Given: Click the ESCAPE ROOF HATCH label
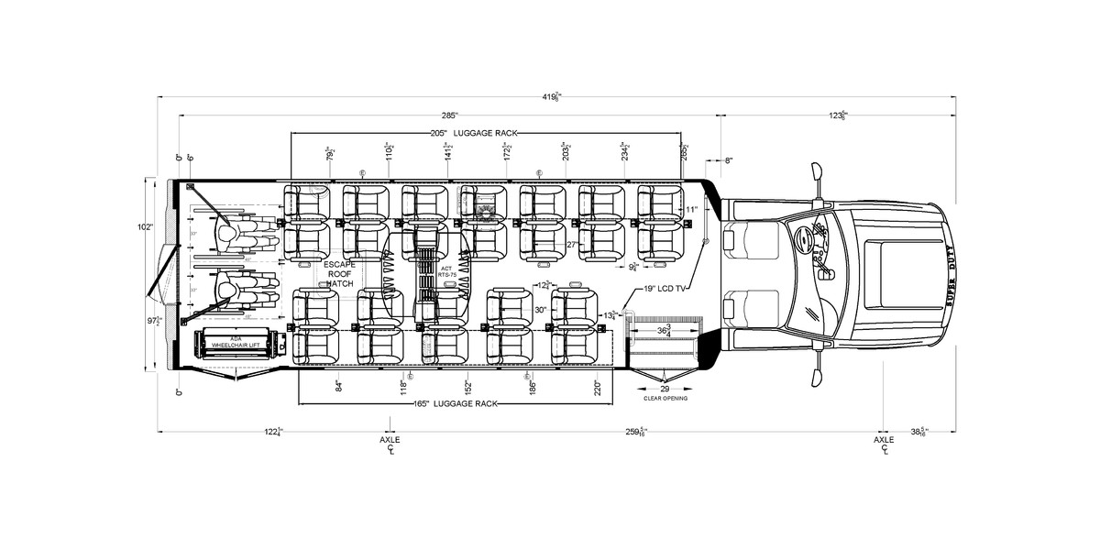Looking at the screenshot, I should [x=339, y=274].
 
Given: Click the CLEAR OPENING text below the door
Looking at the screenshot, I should [x=665, y=398].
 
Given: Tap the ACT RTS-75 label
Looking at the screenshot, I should [x=446, y=271].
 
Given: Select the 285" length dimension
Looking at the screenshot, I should [x=449, y=115].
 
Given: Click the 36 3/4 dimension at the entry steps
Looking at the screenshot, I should [x=664, y=331].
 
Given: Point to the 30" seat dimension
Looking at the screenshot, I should [x=540, y=310].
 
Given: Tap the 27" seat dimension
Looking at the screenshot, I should [x=571, y=245].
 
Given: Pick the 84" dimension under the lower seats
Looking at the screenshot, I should [x=338, y=385].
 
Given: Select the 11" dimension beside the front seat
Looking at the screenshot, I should [x=692, y=210].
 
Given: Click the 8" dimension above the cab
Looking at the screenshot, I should [x=728, y=160].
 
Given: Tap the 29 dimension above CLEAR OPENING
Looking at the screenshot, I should [x=665, y=390].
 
